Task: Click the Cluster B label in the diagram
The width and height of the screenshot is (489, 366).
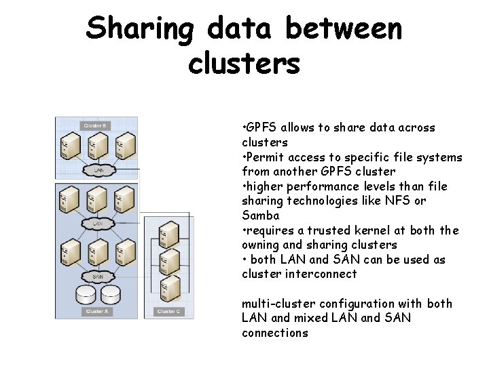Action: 94,125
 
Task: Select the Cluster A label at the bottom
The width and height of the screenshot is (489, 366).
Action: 95,311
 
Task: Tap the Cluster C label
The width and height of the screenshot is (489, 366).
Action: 167,311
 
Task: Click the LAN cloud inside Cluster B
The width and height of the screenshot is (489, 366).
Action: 98,170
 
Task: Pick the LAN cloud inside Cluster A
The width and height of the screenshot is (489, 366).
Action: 98,223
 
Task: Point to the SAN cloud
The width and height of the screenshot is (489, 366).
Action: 98,277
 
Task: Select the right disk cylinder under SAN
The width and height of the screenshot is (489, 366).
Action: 111,295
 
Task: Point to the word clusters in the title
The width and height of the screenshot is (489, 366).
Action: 244,63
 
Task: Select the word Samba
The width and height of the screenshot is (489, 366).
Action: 260,216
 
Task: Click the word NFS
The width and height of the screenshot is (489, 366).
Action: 399,201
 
